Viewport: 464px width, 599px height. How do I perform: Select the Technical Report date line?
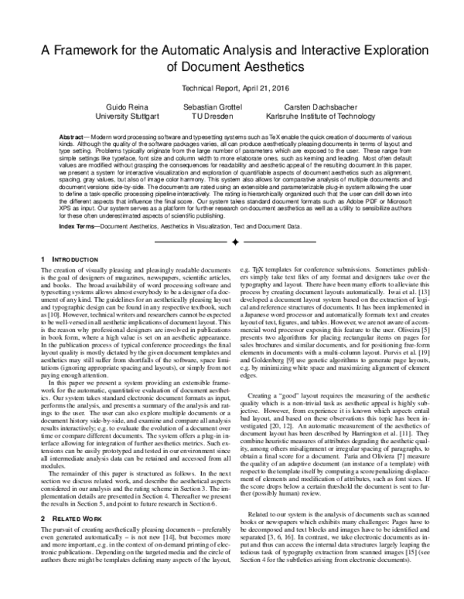click(x=232, y=90)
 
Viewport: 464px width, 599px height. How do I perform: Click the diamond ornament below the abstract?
click(x=232, y=221)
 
